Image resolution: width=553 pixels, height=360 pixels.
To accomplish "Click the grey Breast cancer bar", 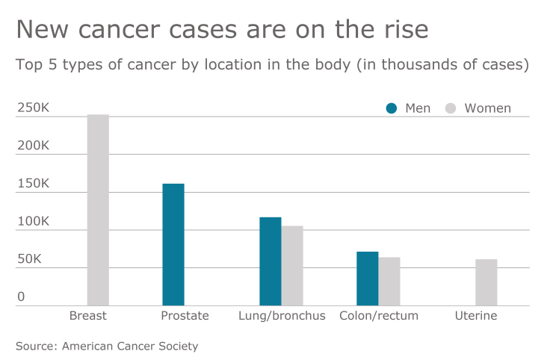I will [98, 210].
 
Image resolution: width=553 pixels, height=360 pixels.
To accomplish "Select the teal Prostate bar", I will [173, 244].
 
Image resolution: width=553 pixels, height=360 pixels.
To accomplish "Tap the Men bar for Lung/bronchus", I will [271, 261].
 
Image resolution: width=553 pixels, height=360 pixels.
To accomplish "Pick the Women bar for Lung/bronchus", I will [292, 266].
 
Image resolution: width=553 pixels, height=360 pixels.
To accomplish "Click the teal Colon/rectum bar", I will [367, 279].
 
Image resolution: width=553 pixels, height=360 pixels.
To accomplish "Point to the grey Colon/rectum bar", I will [389, 282].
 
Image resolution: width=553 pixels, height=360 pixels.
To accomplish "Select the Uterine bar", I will [486, 282].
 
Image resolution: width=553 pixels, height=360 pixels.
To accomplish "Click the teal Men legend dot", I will [392, 108].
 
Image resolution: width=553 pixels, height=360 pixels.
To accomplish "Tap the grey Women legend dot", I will [451, 108].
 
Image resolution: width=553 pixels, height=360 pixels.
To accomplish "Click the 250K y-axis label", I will [33, 108].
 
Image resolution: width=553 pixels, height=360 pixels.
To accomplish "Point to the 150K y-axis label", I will [33, 184].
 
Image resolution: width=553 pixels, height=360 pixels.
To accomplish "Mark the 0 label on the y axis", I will [21, 297].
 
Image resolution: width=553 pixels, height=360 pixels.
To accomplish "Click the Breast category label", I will [88, 316].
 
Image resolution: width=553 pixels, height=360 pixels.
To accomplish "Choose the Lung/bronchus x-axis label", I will [282, 316].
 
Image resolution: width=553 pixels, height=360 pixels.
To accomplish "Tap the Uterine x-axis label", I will [476, 316].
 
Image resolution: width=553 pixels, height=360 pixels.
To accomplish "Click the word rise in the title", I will [404, 29].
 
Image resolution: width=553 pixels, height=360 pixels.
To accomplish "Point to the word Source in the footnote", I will [36, 346].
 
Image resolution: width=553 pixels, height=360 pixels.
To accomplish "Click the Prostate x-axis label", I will [185, 316].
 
